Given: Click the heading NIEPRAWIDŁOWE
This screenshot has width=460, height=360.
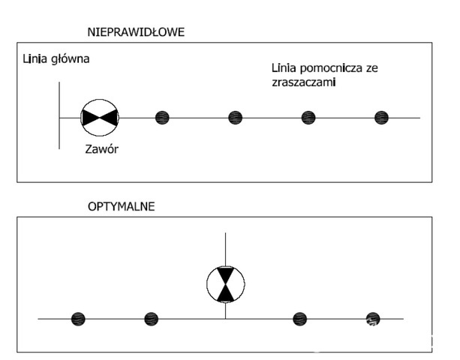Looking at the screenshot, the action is point(136,32).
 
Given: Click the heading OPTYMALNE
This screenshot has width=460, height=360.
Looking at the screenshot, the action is point(121,207).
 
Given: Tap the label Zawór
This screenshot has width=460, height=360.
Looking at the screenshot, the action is point(102,149).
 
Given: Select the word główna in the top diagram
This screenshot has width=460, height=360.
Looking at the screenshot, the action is point(70,59).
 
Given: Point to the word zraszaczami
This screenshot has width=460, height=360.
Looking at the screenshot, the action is point(304,82).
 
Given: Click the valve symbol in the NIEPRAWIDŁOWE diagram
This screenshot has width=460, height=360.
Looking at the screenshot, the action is point(100,118).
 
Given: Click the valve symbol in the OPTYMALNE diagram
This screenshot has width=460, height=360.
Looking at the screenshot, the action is point(226,284).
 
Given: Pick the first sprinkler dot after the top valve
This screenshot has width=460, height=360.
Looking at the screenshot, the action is point(162,118).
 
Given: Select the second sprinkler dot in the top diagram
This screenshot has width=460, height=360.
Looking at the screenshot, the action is point(236,118).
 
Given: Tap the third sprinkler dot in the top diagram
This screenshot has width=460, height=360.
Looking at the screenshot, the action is point(308,118).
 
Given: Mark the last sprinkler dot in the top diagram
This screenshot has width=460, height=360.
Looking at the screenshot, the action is point(382,118).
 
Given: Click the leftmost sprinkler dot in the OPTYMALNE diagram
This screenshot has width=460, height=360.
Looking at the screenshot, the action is point(78,319).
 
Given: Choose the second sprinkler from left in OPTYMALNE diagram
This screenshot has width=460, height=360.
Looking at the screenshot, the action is point(152,319).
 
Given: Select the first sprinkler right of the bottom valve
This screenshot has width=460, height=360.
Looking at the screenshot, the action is point(300,319).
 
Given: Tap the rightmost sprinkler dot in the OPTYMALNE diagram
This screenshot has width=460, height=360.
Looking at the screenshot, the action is point(373,319).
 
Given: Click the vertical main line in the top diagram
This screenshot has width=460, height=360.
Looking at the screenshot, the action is point(59,115).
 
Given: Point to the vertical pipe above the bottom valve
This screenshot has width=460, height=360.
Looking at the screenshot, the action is point(225,249).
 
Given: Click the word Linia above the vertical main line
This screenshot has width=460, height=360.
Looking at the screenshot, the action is point(35,59).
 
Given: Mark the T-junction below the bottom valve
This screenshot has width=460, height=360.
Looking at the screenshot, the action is point(225,319).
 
